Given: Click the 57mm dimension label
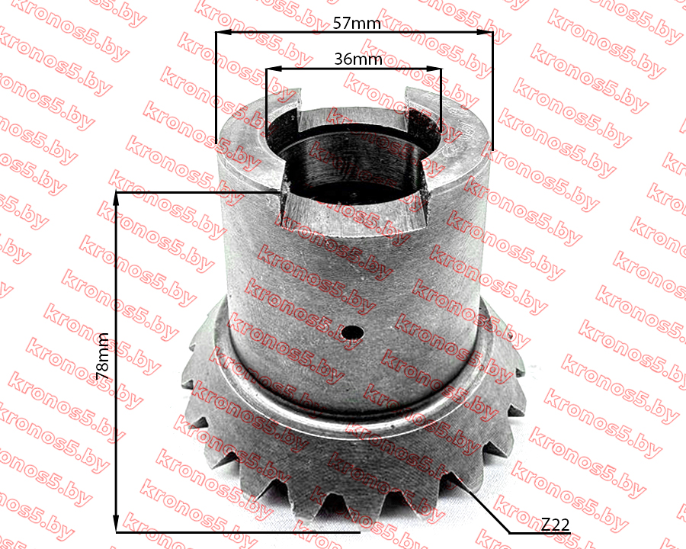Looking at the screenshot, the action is (357, 23).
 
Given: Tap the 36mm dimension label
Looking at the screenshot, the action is (358, 59).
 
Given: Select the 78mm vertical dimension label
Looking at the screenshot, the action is (102, 356).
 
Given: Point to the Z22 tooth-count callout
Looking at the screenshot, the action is (555, 524).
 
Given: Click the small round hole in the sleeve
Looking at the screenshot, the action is (353, 332).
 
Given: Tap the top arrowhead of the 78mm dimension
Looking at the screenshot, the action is (116, 199).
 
